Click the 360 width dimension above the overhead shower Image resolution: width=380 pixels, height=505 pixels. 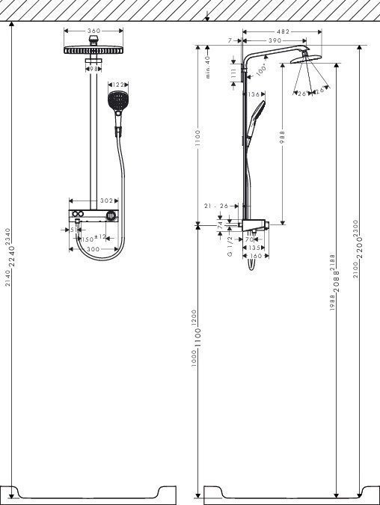[94, 31]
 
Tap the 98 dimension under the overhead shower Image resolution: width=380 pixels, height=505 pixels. [94, 69]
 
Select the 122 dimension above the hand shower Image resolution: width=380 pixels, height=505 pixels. [117, 85]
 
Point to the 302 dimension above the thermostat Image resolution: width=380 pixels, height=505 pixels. [107, 201]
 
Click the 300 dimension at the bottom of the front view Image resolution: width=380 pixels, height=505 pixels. [93, 248]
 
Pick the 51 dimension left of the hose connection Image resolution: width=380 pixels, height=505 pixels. [73, 230]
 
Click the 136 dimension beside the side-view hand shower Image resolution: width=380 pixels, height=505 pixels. [254, 95]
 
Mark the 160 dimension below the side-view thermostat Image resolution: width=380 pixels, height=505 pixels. [254, 256]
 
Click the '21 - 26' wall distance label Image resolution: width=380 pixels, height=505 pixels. [216, 206]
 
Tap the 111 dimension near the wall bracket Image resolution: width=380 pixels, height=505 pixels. [234, 73]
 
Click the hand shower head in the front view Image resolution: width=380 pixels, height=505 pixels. [117, 102]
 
